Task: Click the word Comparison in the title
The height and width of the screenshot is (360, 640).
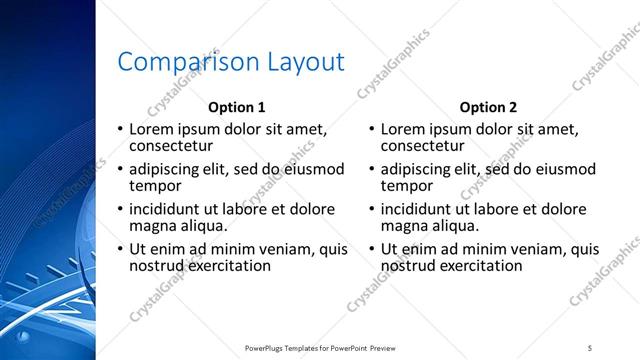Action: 188,62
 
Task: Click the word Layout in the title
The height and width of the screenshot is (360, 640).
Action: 304,62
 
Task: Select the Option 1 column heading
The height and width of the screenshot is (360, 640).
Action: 236,107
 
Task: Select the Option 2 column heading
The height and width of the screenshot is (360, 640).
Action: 488,107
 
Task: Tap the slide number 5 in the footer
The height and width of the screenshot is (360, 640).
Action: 590,347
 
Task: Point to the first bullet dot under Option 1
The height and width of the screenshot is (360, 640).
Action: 121,129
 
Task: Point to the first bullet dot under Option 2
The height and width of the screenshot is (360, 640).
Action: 373,129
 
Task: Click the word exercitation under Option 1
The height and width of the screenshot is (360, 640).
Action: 227,266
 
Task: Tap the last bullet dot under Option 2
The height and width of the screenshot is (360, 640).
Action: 373,250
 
